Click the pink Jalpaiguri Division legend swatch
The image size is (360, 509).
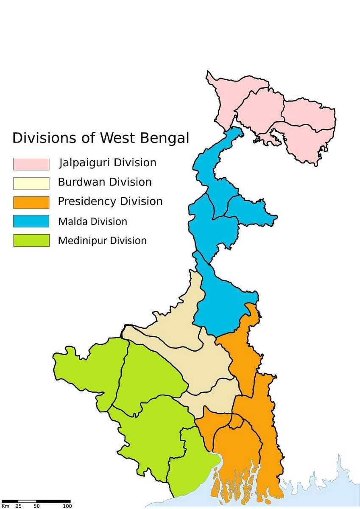[x=31, y=164]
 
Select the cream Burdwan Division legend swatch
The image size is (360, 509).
[x=31, y=183]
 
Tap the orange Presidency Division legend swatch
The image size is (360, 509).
[x=31, y=202]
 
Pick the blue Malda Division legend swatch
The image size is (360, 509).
[x=31, y=221]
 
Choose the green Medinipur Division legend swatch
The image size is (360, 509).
[x=31, y=241]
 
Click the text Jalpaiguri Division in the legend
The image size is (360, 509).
[x=108, y=163]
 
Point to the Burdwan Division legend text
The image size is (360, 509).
[x=105, y=182]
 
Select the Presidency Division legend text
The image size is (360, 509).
[x=110, y=201]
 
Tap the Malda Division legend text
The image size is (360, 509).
[x=92, y=221]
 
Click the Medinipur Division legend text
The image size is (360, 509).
[x=102, y=241]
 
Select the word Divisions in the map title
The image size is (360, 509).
[x=42, y=138]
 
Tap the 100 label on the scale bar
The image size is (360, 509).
[x=67, y=506]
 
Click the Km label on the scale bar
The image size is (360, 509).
[x=5, y=506]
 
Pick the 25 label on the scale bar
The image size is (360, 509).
[x=19, y=506]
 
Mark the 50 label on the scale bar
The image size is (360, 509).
[x=37, y=506]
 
